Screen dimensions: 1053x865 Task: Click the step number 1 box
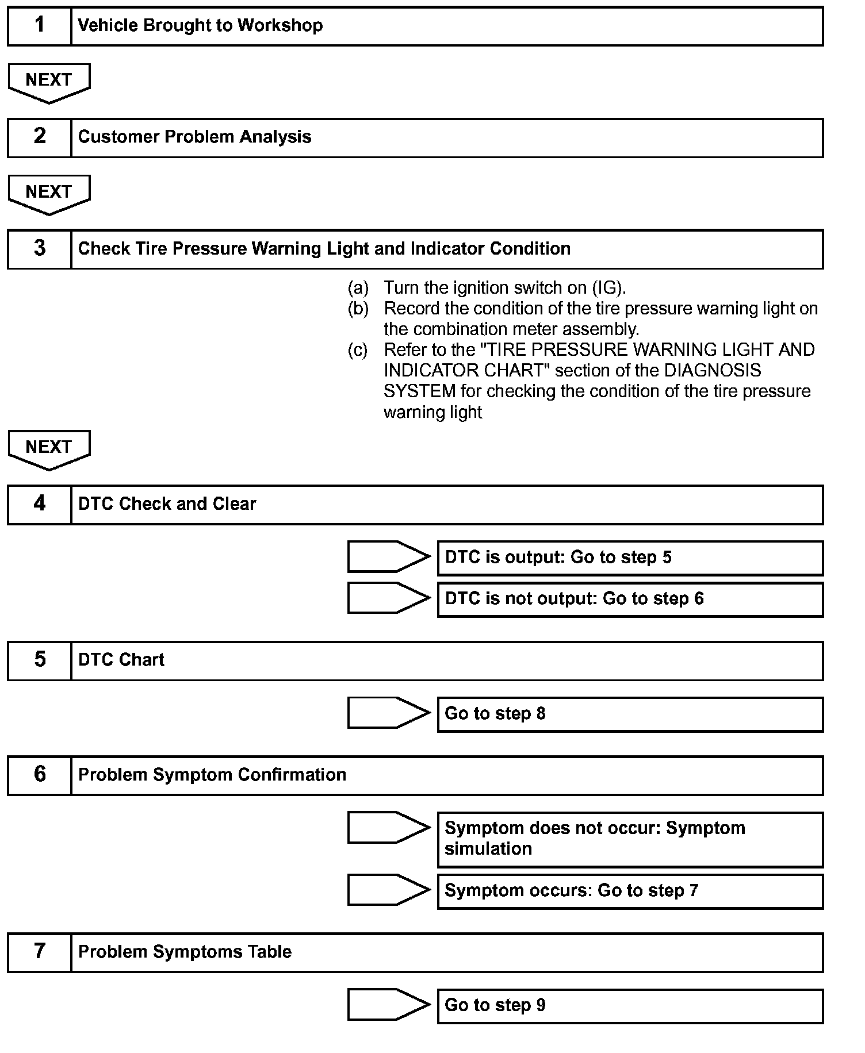click(39, 26)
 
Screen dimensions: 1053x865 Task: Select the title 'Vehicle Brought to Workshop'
click(200, 26)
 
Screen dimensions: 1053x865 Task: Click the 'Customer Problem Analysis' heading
click(194, 137)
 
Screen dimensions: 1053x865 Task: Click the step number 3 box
click(39, 249)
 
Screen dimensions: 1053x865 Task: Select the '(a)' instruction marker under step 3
click(358, 287)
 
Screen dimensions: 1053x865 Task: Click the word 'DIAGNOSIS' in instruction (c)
click(713, 370)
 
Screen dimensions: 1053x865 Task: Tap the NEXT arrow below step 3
click(49, 448)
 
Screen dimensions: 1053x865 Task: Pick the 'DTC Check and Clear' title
click(167, 504)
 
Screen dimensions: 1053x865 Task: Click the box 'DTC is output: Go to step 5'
click(630, 558)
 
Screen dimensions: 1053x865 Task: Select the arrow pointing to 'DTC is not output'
click(388, 598)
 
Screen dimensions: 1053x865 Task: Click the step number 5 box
click(39, 660)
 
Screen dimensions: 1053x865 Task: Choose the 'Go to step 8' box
click(630, 714)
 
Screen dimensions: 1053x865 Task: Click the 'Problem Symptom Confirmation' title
click(212, 775)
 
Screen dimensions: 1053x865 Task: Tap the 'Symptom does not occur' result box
click(630, 839)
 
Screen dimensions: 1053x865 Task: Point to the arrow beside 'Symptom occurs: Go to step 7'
click(388, 890)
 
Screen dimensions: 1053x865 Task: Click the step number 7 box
click(39, 952)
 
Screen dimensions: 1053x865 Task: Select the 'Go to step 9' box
click(630, 1005)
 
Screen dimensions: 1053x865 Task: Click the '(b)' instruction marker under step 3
click(358, 309)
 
